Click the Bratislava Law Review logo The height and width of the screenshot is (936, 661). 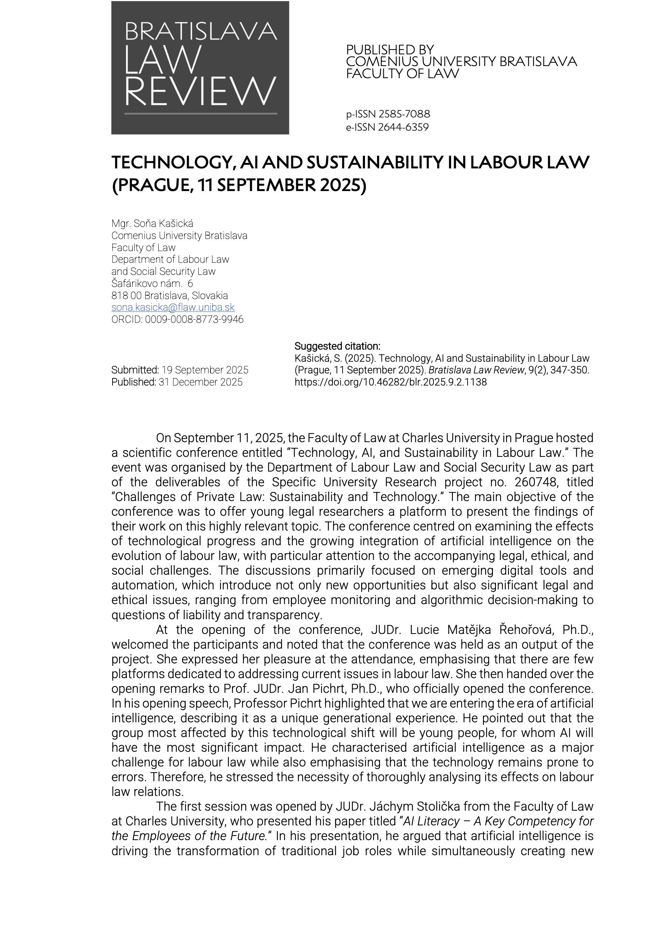[x=200, y=68]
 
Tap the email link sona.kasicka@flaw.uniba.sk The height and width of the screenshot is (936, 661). [x=173, y=307]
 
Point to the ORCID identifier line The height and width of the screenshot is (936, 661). [x=178, y=319]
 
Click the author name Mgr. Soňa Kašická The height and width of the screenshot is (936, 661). [x=153, y=224]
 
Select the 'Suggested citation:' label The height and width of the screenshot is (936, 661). [x=337, y=346]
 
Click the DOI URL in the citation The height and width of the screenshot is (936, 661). [x=390, y=382]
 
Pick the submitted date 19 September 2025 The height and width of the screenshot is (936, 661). [x=205, y=370]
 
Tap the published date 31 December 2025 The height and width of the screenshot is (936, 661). [x=200, y=382]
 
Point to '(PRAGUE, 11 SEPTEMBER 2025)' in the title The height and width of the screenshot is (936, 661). [x=239, y=185]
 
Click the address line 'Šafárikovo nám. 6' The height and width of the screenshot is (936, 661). [x=152, y=283]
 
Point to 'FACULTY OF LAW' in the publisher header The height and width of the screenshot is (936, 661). [x=403, y=74]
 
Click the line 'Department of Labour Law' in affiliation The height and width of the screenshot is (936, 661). [x=170, y=259]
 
